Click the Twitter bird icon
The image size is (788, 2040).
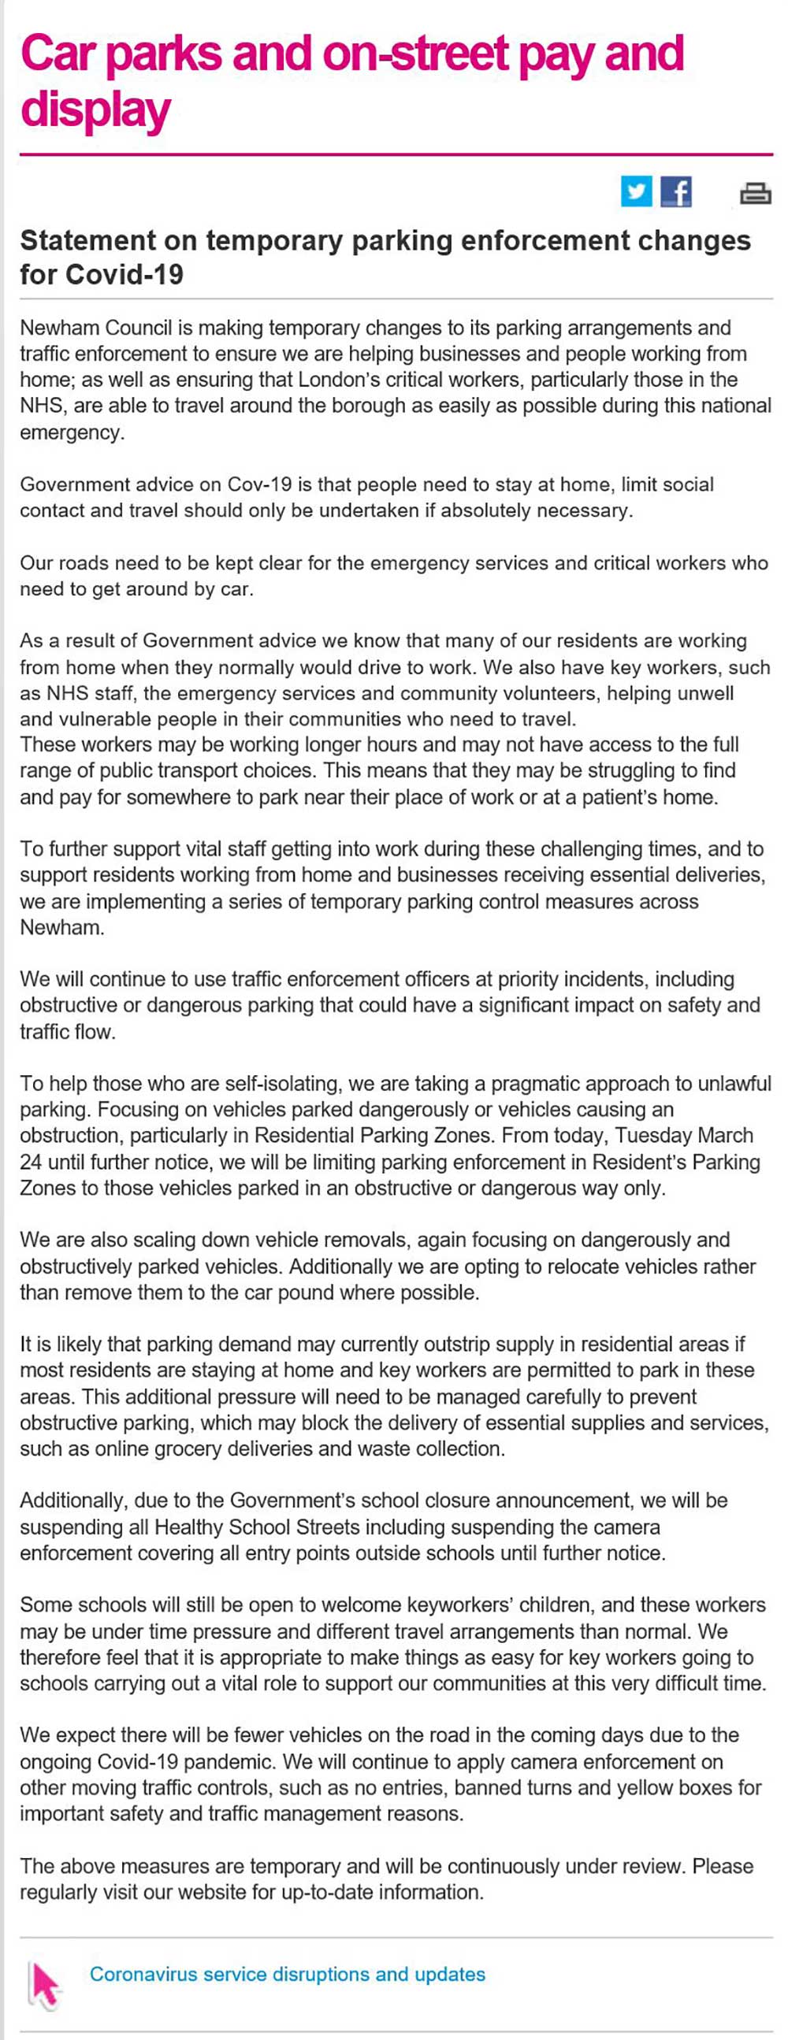click(x=636, y=191)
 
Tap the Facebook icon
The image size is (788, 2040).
click(x=676, y=191)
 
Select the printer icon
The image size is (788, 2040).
click(x=755, y=192)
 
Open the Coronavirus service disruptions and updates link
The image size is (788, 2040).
click(x=287, y=1974)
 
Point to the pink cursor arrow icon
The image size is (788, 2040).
click(x=44, y=1980)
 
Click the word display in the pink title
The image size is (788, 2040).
click(x=95, y=109)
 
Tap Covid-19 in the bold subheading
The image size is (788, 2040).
click(x=125, y=274)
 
